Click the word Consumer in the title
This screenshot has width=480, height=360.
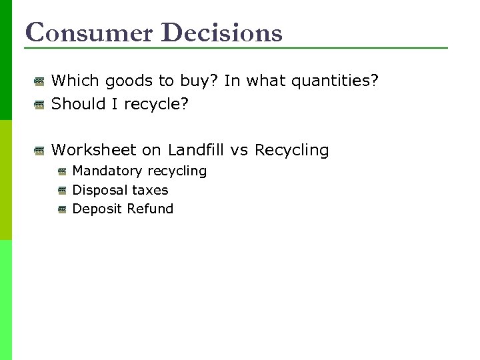click(88, 32)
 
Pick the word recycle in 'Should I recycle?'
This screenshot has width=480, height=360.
click(157, 104)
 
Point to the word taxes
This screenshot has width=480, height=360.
click(150, 190)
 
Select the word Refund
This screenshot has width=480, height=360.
click(150, 209)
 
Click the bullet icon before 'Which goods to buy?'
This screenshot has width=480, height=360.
click(40, 82)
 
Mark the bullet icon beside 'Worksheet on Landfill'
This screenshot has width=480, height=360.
click(40, 151)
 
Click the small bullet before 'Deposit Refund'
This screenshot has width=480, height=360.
click(62, 209)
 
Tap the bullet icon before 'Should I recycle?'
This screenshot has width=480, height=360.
click(40, 104)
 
